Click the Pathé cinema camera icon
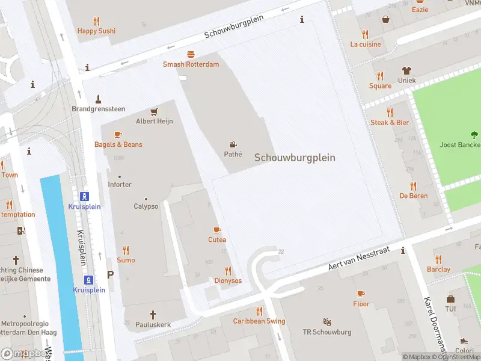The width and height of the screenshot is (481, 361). click(x=233, y=144)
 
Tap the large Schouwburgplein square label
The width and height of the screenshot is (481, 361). click(x=295, y=158)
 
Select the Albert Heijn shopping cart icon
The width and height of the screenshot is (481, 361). click(x=154, y=111)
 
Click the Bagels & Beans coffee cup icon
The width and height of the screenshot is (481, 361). click(x=118, y=134)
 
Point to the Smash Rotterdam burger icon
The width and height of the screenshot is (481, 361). click(x=191, y=54)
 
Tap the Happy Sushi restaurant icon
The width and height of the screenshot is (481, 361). click(x=96, y=20)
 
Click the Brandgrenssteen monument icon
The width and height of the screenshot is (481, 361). click(x=98, y=99)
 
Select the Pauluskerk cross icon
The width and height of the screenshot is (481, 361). click(x=153, y=314)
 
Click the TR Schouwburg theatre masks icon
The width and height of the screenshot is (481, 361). click(x=327, y=322)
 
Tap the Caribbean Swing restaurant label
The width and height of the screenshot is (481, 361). click(x=259, y=321)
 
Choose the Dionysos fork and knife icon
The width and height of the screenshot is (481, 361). click(x=228, y=271)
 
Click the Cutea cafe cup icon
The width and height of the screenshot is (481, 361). click(x=217, y=230)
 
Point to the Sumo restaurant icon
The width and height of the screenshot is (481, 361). click(x=126, y=250)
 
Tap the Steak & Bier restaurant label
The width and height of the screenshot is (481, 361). click(x=390, y=123)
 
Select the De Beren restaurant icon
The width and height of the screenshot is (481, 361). click(x=413, y=186)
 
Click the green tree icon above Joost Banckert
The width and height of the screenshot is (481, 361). click(x=474, y=135)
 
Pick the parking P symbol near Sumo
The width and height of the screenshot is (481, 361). click(x=110, y=274)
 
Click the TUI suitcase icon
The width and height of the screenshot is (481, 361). click(x=450, y=299)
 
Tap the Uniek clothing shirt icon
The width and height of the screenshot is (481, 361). click(x=406, y=70)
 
